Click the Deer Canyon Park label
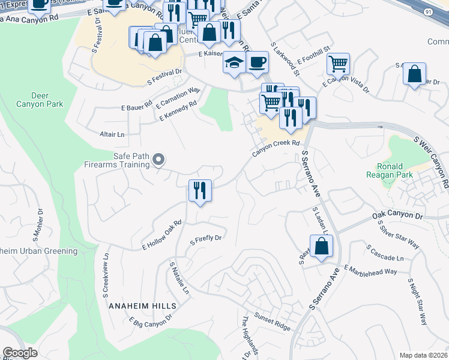(47, 100)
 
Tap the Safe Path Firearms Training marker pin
(158, 159)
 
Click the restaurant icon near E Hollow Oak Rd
(200, 191)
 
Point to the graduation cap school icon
(233, 62)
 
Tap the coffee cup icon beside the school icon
(257, 62)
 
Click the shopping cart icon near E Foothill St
(339, 63)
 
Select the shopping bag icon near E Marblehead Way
(321, 246)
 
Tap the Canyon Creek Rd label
(276, 148)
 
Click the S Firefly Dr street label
(206, 240)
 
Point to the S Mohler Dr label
(40, 223)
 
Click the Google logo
(20, 353)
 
